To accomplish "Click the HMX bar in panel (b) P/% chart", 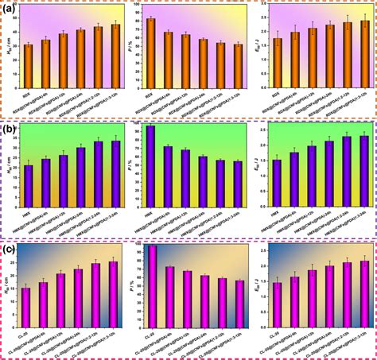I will point(151,160).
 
